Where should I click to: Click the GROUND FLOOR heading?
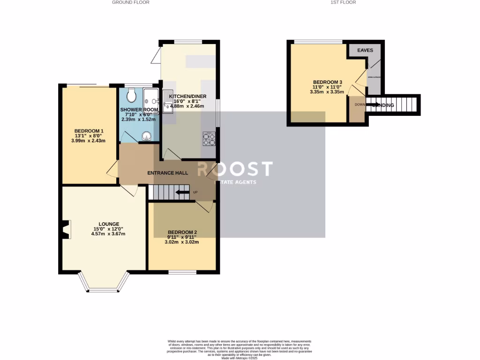point(130,2)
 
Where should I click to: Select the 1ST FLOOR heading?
point(343,2)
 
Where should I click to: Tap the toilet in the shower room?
point(131,96)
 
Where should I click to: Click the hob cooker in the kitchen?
point(209,139)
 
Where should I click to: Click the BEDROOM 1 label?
point(89,131)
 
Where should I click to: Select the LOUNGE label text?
point(109,224)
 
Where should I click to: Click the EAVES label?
point(365,50)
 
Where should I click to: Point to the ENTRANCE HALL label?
point(168,173)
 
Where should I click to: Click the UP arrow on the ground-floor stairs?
point(183,192)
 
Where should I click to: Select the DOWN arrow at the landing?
point(373,105)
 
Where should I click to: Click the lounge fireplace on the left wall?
point(66,229)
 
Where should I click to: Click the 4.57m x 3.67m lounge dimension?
point(109,234)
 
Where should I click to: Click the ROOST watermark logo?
point(234,169)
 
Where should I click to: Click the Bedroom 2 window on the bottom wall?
point(182,272)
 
